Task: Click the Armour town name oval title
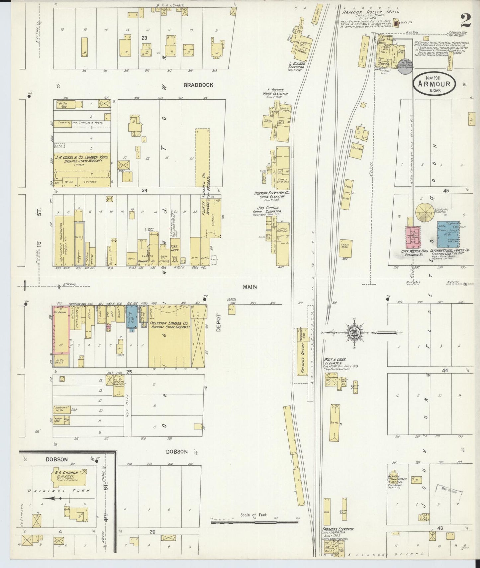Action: point(434,84)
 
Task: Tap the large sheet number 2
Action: point(466,22)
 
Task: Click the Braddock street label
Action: point(198,85)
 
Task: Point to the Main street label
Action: point(249,286)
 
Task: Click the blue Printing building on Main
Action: point(132,318)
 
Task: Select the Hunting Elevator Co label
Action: point(272,193)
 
